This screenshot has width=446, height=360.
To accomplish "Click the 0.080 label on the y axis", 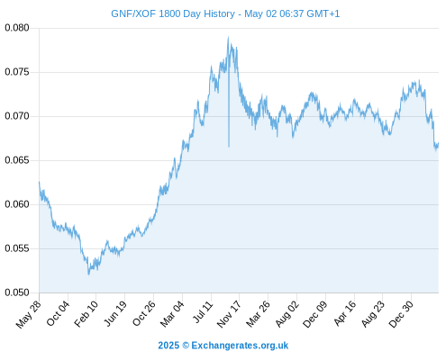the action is [17, 28].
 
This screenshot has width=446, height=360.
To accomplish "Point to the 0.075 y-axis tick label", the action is [17, 72].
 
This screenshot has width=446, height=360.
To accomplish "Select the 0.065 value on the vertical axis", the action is [17, 160].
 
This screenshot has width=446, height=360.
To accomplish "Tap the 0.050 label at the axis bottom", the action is [17, 292].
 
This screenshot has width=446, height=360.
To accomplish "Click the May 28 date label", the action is [28, 315].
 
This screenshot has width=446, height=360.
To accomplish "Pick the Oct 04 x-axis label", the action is [58, 314].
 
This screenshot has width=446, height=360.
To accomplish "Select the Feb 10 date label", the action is [86, 314].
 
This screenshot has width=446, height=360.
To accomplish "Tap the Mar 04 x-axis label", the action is [172, 314].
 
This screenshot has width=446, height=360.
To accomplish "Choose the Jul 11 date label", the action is [203, 312].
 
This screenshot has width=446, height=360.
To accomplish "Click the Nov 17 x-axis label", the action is [229, 314].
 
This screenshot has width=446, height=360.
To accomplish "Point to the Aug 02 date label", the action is [287, 314].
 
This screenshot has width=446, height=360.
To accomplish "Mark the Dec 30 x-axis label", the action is [401, 314].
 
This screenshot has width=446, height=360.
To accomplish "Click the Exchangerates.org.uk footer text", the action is [240, 346].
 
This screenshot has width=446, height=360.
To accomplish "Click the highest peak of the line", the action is [228, 37].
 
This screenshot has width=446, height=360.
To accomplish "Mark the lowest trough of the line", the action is [88, 274].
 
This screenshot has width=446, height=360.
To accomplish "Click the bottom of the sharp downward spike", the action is [229, 147].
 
